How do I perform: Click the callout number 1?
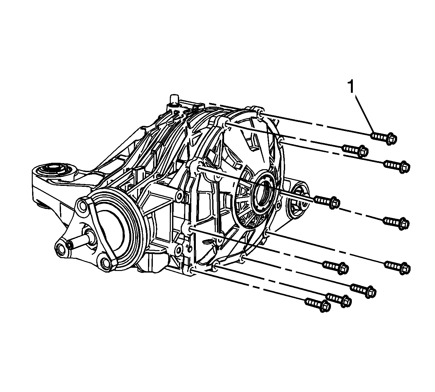pos(351,87)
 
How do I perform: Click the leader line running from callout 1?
pos(364,114)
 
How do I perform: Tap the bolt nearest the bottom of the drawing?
pos(318,306)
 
